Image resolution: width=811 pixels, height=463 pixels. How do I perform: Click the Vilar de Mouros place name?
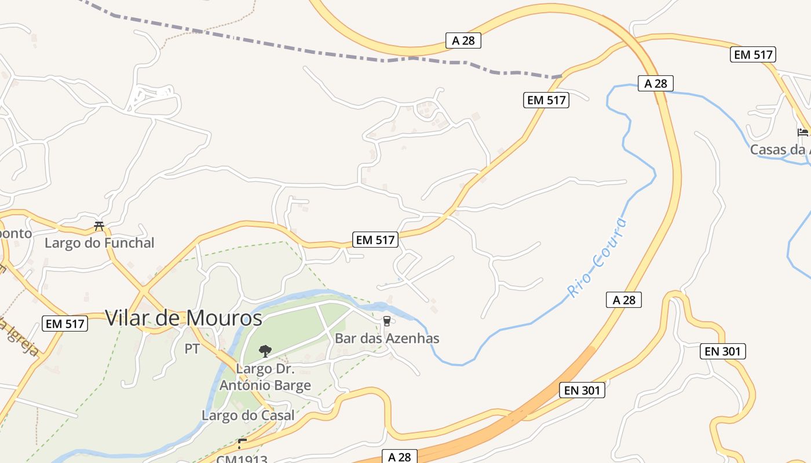(x=184, y=318)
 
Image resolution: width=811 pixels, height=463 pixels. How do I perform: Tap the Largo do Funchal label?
(x=100, y=243)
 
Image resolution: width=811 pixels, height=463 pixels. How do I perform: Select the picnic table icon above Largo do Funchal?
(x=99, y=226)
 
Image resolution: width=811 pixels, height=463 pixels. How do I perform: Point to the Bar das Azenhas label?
(x=387, y=338)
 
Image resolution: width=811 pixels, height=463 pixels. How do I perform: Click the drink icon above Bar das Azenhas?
(x=387, y=321)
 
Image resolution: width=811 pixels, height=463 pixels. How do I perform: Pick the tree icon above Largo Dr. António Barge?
(x=265, y=351)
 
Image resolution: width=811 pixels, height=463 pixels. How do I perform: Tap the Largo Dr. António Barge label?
(x=265, y=377)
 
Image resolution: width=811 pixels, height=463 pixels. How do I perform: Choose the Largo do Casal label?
(x=248, y=415)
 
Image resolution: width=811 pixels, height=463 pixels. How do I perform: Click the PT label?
(x=192, y=349)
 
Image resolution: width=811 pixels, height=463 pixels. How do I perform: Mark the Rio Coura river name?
(x=597, y=257)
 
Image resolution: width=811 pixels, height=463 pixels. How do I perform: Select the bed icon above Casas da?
(x=802, y=133)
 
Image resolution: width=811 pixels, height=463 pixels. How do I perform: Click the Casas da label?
(x=779, y=150)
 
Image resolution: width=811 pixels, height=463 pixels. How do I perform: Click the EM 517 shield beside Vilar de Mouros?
(x=65, y=324)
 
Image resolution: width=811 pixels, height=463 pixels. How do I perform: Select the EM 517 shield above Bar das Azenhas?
(x=375, y=240)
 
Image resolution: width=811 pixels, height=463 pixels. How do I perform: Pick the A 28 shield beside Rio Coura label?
(x=624, y=300)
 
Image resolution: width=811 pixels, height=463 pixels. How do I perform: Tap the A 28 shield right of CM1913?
(x=399, y=457)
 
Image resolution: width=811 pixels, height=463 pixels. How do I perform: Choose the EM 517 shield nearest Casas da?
(x=753, y=54)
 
